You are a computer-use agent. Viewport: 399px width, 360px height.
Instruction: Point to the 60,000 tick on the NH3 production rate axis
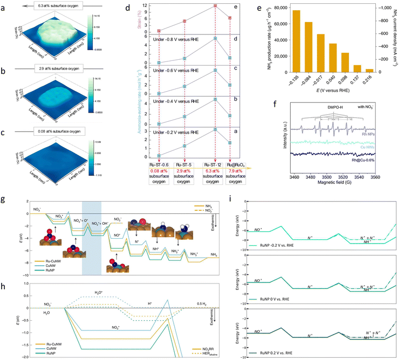point(279,23)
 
